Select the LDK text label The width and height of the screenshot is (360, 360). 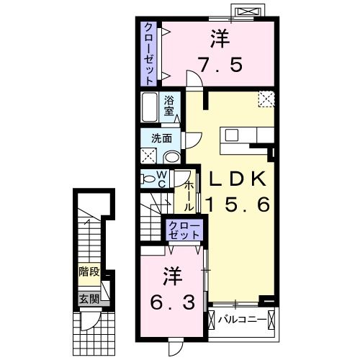pos(238,180)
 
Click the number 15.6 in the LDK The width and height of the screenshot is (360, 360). pos(238,204)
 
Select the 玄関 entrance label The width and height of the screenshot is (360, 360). pos(89,298)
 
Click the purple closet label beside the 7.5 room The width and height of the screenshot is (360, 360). pos(149,54)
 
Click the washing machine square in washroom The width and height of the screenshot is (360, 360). pos(150,156)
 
